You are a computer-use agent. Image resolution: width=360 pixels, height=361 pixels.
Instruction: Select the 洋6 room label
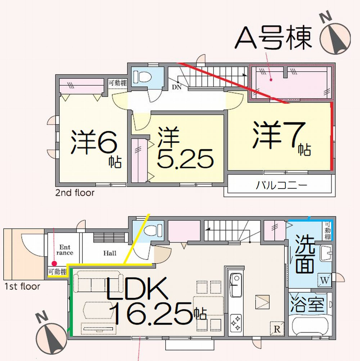coord(94,141)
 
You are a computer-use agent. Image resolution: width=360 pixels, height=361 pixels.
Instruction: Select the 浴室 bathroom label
coord(309,305)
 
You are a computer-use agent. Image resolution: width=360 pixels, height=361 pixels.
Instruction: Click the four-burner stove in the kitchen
coord(236,322)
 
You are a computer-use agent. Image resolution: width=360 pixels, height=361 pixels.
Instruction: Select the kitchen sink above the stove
coord(236,284)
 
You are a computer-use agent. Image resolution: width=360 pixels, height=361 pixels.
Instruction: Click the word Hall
coord(110,253)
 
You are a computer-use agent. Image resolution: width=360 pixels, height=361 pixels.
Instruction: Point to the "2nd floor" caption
coord(75,193)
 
